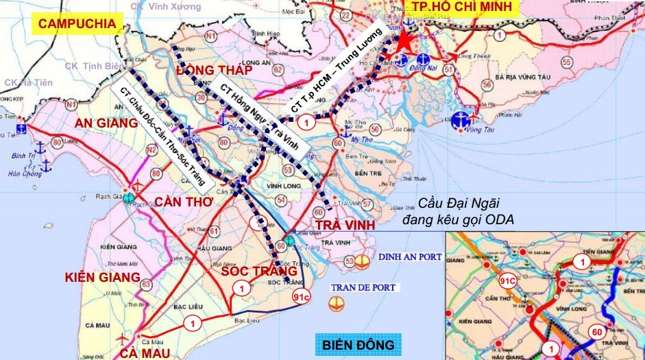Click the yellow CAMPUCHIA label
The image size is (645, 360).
(75, 23)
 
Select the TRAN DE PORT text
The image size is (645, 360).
(363, 287)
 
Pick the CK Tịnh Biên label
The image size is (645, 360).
(93, 66)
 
